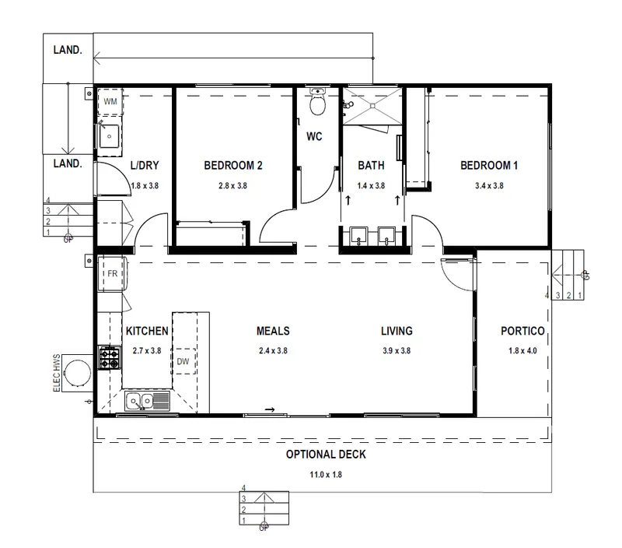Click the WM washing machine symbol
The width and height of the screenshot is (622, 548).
[110, 102]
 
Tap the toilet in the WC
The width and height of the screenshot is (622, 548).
[317, 101]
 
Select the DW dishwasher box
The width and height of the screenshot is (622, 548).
[184, 361]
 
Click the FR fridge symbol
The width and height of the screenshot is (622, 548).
[112, 274]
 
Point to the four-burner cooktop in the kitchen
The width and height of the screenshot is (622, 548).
[109, 358]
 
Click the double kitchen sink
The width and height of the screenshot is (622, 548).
[147, 401]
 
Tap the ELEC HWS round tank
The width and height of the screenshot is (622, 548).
[78, 373]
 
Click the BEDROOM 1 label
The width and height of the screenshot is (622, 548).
[489, 165]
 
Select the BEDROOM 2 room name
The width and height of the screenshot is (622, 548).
[233, 165]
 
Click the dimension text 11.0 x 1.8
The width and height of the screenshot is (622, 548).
[326, 475]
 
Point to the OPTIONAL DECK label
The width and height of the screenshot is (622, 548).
[326, 455]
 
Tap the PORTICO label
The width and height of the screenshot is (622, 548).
[522, 331]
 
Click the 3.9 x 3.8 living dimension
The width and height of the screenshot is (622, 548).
[397, 350]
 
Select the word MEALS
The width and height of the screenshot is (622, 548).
[273, 331]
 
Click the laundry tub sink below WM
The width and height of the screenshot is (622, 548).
[109, 136]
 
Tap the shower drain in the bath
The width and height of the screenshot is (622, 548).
[372, 106]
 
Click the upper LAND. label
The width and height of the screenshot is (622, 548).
[68, 50]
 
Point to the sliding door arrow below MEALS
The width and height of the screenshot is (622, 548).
[270, 409]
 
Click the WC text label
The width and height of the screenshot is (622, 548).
[314, 136]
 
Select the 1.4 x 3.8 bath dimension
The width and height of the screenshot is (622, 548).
[371, 185]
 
